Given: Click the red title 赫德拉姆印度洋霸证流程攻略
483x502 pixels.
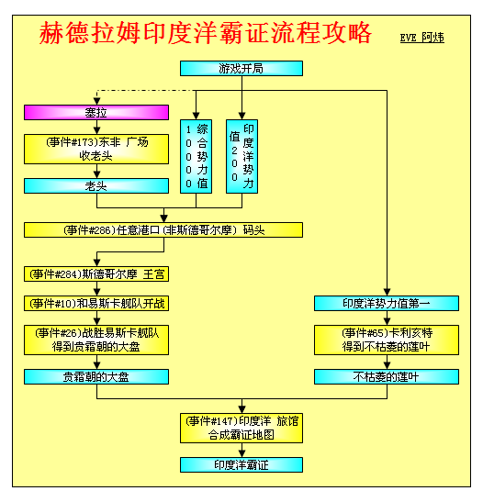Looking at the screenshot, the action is pos(205,33).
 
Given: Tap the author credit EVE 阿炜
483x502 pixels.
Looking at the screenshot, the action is pos(421,38).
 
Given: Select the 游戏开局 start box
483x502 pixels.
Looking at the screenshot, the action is pos(241,69).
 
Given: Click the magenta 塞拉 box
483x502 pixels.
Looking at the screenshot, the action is pos(96,112).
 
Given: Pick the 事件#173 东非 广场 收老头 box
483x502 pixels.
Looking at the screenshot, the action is pos(96,150).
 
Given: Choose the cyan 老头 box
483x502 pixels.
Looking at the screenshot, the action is pos(96,185).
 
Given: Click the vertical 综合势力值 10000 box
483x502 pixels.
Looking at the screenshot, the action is pos(196,157).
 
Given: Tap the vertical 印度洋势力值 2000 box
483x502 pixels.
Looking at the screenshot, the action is pos(241,157).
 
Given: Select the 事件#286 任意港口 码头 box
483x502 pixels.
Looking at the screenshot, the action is pos(163,229).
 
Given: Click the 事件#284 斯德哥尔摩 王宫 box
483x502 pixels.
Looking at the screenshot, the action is pos(96,274).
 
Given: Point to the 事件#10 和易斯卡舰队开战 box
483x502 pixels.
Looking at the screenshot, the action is pos(96,303).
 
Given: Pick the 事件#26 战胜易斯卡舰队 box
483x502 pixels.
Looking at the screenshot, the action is pos(96,340).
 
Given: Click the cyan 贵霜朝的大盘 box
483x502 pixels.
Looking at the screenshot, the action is pos(96,377).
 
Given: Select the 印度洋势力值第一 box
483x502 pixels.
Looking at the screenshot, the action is pos(387,303).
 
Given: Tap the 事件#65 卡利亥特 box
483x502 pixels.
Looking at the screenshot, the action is pos(387,340).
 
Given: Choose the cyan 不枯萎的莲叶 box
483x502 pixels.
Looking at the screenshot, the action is pos(387,377).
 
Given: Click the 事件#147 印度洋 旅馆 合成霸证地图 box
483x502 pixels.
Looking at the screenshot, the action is pos(241,429).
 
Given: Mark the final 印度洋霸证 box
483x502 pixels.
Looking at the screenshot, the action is pos(241,465).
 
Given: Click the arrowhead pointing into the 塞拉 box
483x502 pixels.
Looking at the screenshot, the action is pos(96,102).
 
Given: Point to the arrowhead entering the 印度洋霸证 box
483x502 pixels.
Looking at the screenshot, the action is pos(241,454).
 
